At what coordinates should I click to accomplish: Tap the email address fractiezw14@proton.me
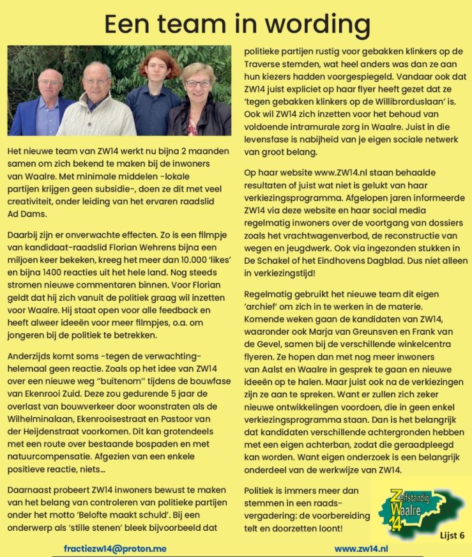click(x=116, y=548)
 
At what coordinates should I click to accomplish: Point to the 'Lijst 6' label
click(x=452, y=536)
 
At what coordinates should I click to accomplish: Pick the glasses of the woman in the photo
click(x=197, y=83)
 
